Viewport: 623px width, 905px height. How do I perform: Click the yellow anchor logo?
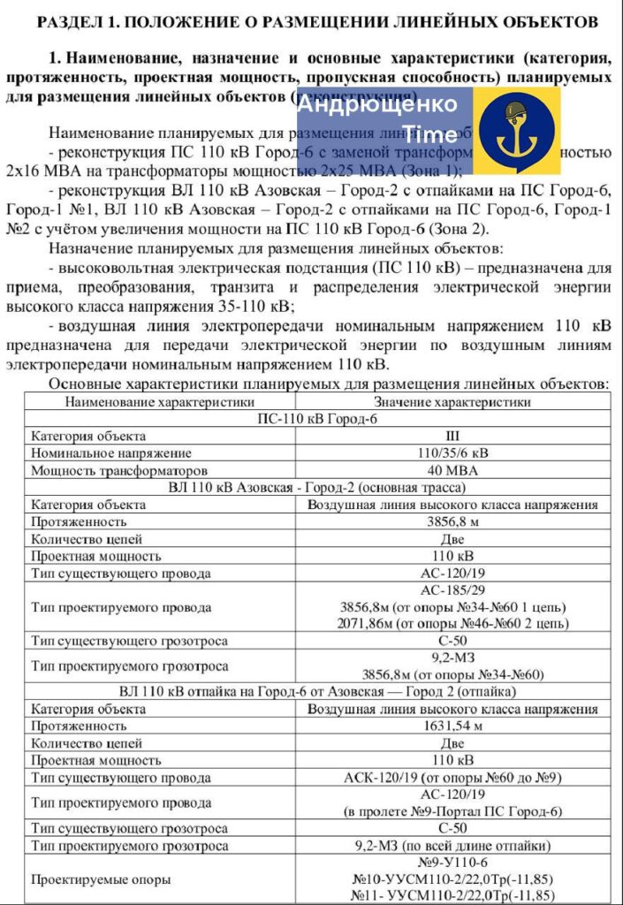click(515, 132)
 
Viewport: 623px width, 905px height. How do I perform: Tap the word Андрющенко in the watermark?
click(377, 104)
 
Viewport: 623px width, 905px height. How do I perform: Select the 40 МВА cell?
click(453, 470)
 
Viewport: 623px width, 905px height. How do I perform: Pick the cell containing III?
click(453, 436)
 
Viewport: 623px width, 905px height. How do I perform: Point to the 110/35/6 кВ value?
click(453, 452)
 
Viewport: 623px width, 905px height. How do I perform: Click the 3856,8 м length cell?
click(453, 522)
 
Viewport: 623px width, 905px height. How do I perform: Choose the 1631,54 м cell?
click(453, 726)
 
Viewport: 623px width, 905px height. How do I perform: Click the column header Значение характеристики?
click(453, 401)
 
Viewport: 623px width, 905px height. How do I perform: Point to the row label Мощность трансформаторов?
click(119, 470)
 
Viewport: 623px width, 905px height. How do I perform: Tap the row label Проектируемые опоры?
click(102, 879)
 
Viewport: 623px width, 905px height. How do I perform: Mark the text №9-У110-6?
click(452, 862)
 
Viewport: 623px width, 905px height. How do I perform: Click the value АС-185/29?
click(453, 590)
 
